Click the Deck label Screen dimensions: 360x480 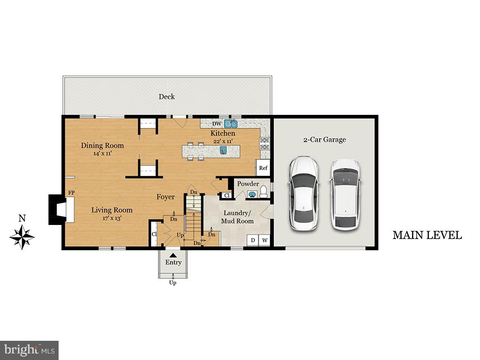pos(166,97)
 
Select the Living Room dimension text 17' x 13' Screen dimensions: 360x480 pos(112,218)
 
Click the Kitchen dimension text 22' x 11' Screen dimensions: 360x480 pos(223,141)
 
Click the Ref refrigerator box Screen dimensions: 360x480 pos(263,168)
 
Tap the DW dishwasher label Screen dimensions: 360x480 pos(217,124)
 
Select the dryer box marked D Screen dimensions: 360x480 pos(253,240)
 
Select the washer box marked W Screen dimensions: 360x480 pos(265,240)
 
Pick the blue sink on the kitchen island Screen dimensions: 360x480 pos(223,150)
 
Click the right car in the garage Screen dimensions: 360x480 pos(345,194)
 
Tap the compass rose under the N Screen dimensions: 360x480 pos(22,237)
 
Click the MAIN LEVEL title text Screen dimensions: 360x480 pos(427,235)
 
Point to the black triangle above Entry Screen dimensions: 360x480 pos(173,255)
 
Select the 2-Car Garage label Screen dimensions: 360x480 pos(324,139)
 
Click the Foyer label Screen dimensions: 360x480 pos(165,197)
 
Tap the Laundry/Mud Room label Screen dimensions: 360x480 pos(237,217)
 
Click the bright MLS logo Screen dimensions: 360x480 pos(29,350)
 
